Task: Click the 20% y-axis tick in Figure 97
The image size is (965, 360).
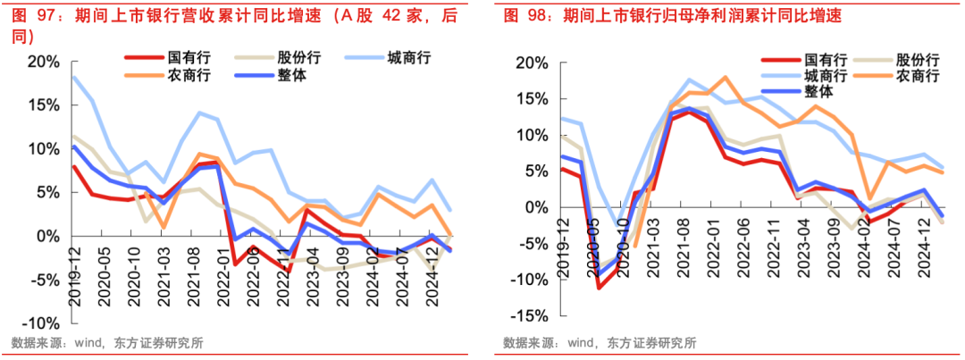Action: [x=43, y=62]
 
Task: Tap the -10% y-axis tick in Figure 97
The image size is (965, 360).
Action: [x=40, y=322]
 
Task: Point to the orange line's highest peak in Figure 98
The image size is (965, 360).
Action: [x=725, y=78]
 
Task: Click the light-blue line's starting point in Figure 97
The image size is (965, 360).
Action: [x=73, y=77]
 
